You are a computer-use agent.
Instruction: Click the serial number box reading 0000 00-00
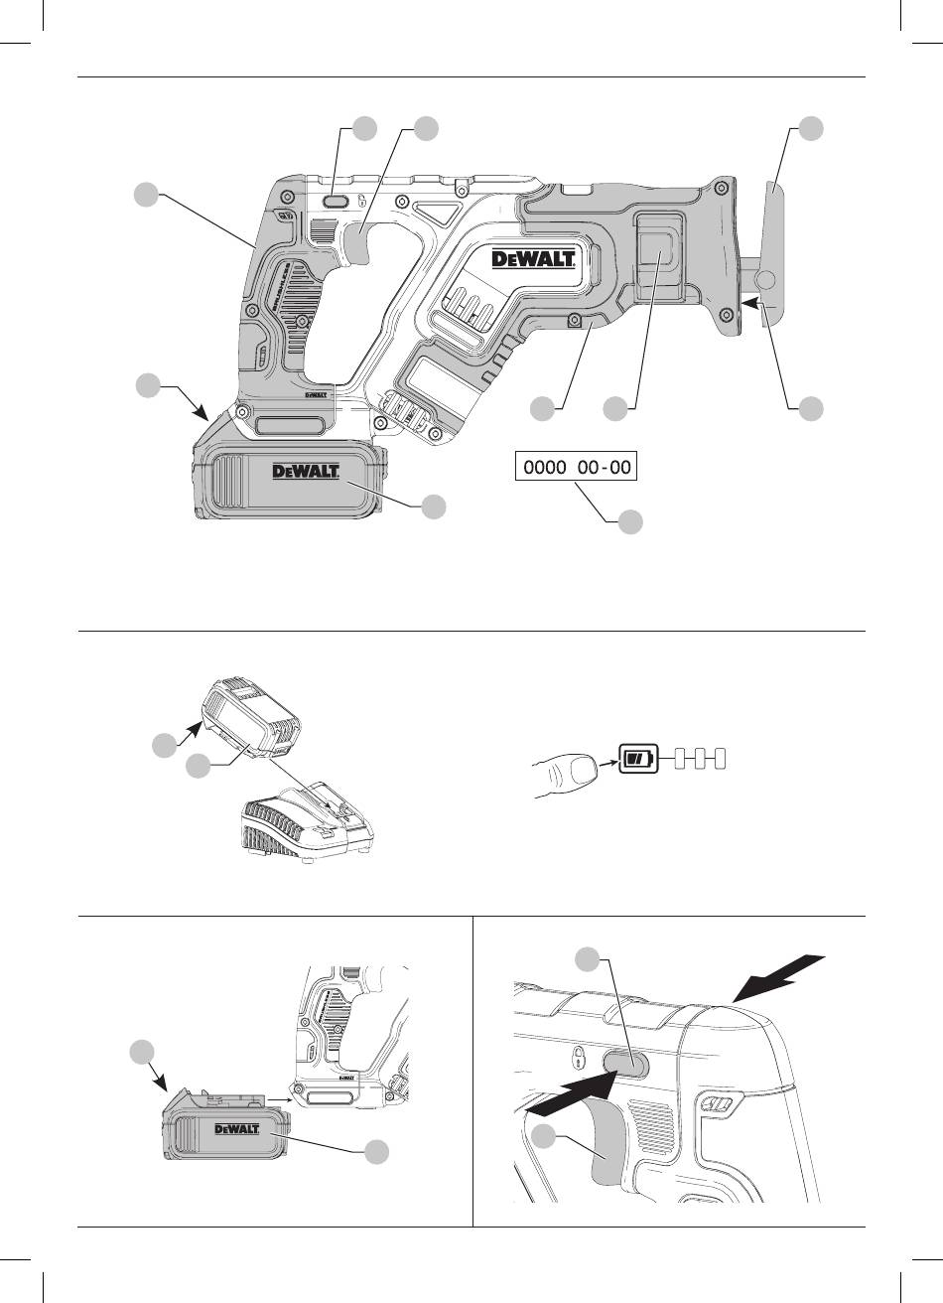click(x=574, y=466)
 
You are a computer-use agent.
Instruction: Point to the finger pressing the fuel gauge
click(x=563, y=775)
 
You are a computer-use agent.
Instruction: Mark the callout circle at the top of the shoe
click(x=812, y=129)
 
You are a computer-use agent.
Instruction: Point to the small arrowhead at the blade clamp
click(x=754, y=299)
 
